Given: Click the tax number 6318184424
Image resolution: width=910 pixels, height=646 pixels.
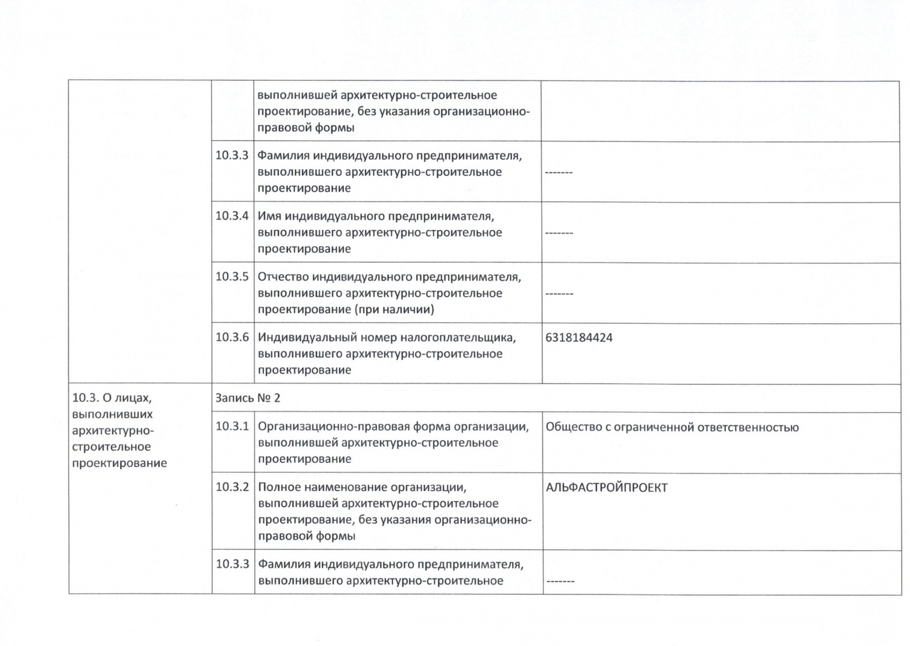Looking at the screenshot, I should coord(579,338).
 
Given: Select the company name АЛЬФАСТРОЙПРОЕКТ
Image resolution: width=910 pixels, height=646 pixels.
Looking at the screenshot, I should coord(606,487).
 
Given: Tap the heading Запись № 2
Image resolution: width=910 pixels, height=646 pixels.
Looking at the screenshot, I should coord(248,398).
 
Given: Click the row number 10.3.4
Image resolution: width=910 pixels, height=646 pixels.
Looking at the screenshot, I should coord(232,216).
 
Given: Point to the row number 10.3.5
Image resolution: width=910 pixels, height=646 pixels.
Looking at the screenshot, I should coord(232,277).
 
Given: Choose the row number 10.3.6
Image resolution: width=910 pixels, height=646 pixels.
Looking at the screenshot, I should coord(232,337).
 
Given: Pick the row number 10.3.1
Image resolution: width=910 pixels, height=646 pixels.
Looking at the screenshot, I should coord(232,426).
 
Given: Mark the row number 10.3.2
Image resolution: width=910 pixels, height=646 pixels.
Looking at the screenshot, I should coord(232,487).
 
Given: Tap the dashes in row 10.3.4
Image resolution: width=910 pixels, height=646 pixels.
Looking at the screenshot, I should coord(559,233).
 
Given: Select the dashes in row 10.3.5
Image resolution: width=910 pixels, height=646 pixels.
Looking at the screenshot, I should coord(559,294).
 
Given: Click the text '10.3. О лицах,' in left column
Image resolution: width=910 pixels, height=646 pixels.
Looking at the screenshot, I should coord(112,398).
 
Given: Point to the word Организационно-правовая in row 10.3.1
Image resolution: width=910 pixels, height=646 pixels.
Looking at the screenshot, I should coord(338,427).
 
